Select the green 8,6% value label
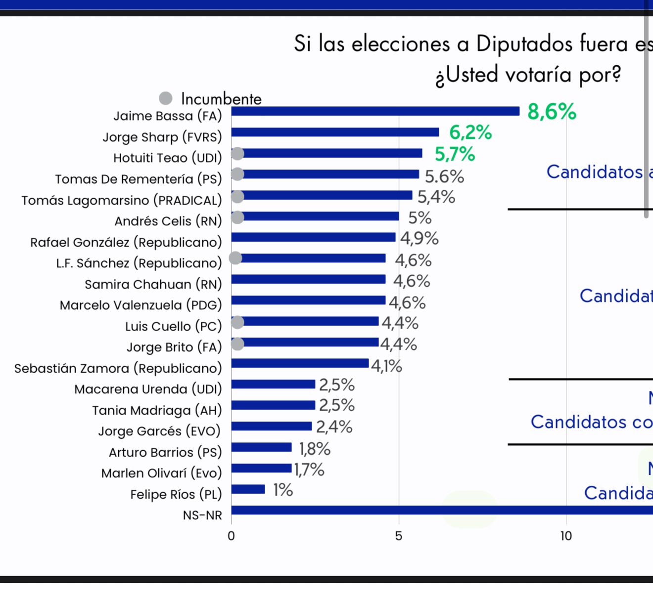(552, 112)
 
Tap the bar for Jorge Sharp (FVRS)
(335, 132)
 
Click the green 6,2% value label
(470, 132)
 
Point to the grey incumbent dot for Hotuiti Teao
(238, 154)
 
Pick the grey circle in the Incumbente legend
(166, 98)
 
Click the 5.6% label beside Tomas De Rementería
(444, 176)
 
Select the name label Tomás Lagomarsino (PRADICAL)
(121, 200)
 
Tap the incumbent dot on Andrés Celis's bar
(238, 217)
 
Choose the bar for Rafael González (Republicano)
(313, 237)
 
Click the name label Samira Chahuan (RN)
(153, 284)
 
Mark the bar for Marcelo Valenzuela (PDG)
(308, 300)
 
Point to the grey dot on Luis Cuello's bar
(238, 322)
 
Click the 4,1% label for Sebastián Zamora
(386, 366)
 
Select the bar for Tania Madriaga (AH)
(273, 405)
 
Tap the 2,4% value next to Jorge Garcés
(334, 426)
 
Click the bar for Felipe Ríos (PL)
(248, 489)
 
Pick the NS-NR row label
(202, 515)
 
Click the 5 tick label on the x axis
(399, 536)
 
